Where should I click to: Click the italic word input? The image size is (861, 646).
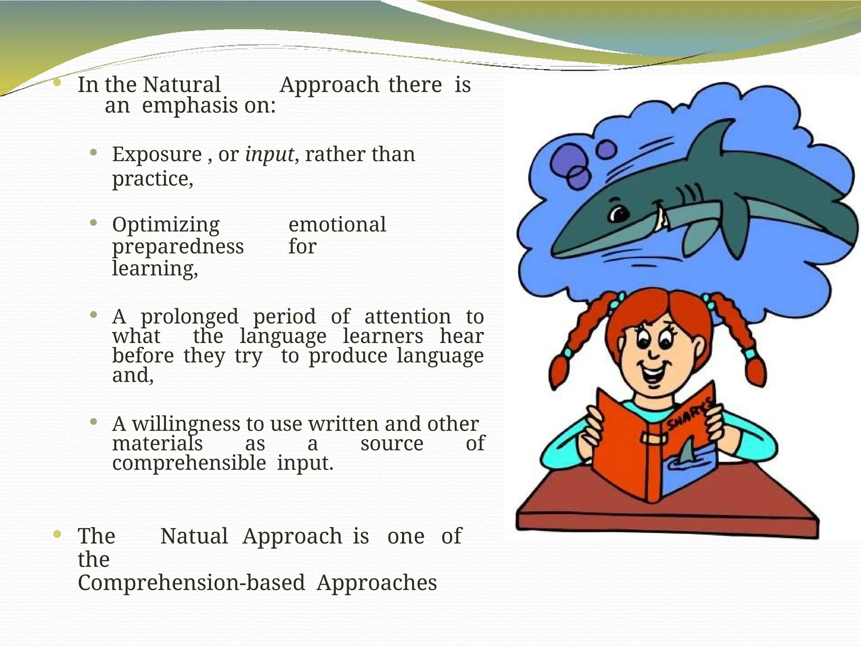pos(269,155)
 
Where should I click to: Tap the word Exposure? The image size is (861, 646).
pos(157,155)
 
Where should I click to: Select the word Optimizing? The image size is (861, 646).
pos(166,225)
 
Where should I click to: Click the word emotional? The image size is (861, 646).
pos(337,225)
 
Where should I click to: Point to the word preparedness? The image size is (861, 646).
pos(178,247)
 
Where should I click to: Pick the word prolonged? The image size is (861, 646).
pos(189,317)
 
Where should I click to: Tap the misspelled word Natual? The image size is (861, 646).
pos(194,536)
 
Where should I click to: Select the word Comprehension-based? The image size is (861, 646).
pos(191,583)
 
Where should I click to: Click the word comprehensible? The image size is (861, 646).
pos(189,463)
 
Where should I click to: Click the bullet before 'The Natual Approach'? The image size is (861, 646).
pos(58,535)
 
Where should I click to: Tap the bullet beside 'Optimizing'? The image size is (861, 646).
pos(93,222)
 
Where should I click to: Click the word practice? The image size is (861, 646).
pos(152,179)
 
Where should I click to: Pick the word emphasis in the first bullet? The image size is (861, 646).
pos(190,106)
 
